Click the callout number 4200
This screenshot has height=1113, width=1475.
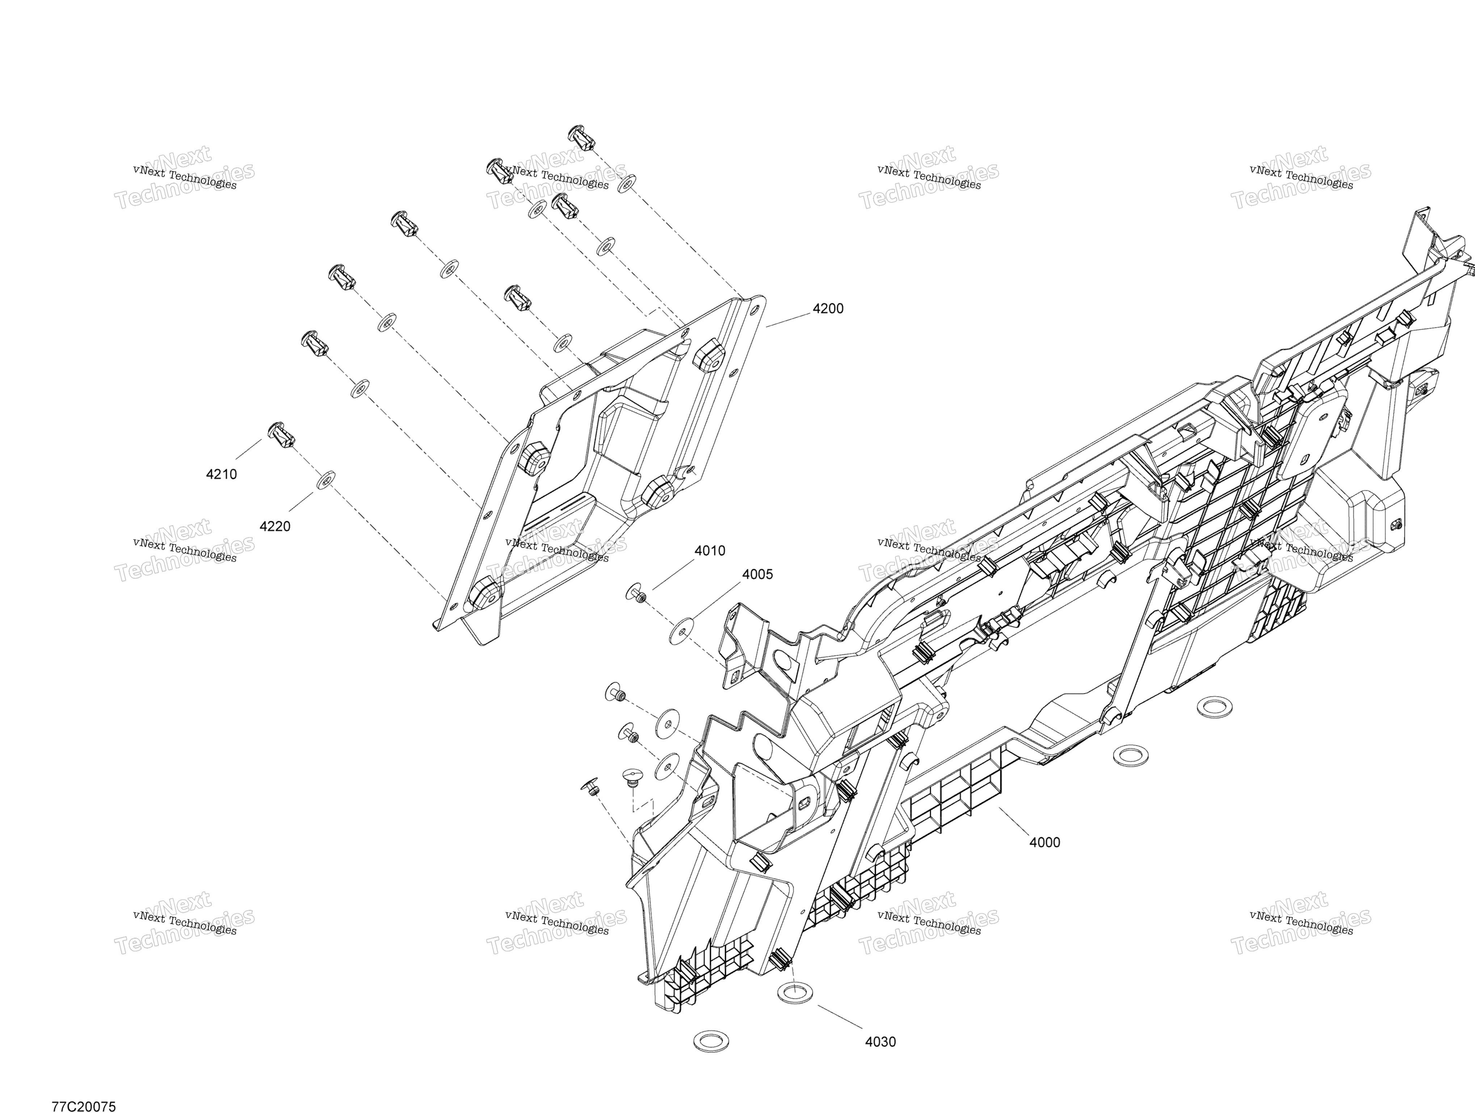(828, 309)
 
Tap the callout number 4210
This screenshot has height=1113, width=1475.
(221, 474)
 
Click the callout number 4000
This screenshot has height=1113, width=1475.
(1044, 842)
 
